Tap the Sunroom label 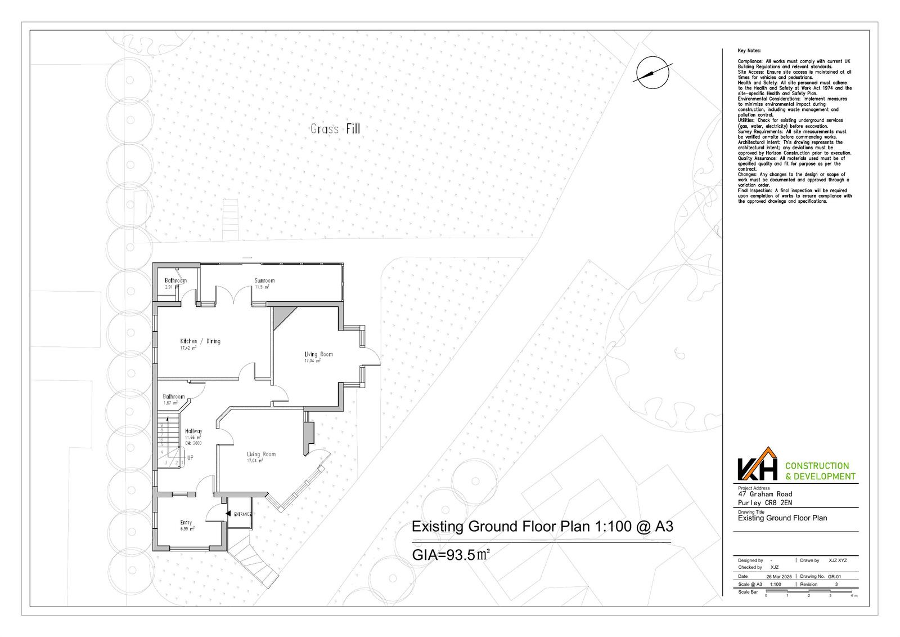264,280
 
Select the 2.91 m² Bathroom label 175,280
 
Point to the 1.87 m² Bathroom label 173,397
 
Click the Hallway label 193,431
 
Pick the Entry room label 186,522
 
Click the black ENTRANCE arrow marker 228,514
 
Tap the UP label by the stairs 190,458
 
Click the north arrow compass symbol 652,72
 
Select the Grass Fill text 335,129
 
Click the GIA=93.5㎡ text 451,554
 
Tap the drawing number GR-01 835,577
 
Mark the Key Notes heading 749,51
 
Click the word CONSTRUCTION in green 816,466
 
